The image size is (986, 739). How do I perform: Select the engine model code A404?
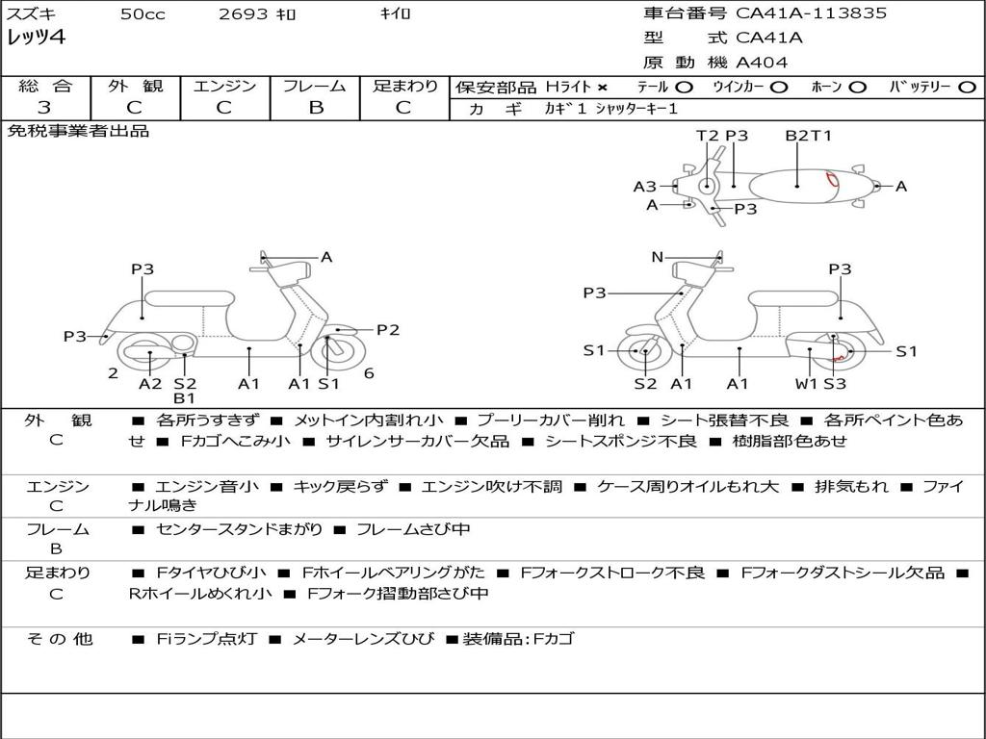coord(762,63)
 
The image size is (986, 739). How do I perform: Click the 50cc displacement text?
coord(142,14)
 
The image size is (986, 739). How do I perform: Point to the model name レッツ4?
coord(36,38)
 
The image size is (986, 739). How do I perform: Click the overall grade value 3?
coord(44,108)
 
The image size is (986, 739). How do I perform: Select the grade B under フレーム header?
coord(315,108)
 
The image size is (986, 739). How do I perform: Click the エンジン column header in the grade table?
coord(223,86)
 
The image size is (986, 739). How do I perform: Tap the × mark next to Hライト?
coord(603,88)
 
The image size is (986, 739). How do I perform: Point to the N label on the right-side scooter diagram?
coord(657,257)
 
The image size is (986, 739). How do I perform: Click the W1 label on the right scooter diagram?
coord(806,384)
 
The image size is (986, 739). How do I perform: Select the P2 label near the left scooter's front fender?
coord(387,330)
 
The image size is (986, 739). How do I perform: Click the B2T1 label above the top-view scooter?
coord(808,136)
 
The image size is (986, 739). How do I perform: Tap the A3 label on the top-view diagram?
coord(644,187)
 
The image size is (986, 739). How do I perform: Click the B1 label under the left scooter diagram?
coord(184,397)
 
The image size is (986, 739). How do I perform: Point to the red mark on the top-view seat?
coord(832,180)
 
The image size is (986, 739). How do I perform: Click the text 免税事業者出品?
coord(79,131)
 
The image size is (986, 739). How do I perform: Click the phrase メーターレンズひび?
coord(362,639)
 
